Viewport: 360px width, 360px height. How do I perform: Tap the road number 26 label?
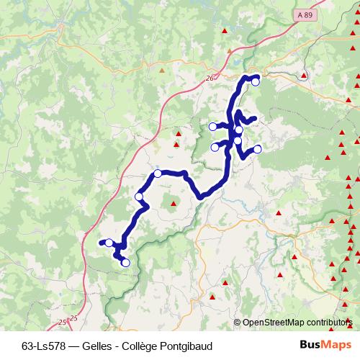point(210,78)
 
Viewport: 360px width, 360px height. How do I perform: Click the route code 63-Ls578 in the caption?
point(49,345)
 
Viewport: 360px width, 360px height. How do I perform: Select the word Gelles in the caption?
point(104,345)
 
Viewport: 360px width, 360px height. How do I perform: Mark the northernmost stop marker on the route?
point(255,81)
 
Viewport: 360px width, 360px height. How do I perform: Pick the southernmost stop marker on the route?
point(125,263)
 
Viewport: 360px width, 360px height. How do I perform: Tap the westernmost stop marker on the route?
point(109,243)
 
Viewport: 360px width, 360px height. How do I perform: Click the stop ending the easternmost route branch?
point(258,149)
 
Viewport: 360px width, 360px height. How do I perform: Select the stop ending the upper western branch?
point(212,127)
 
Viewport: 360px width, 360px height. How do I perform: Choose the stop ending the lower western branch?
point(215,148)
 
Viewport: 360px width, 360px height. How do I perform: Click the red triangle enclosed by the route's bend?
point(174,204)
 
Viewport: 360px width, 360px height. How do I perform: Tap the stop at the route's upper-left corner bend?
point(158,174)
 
